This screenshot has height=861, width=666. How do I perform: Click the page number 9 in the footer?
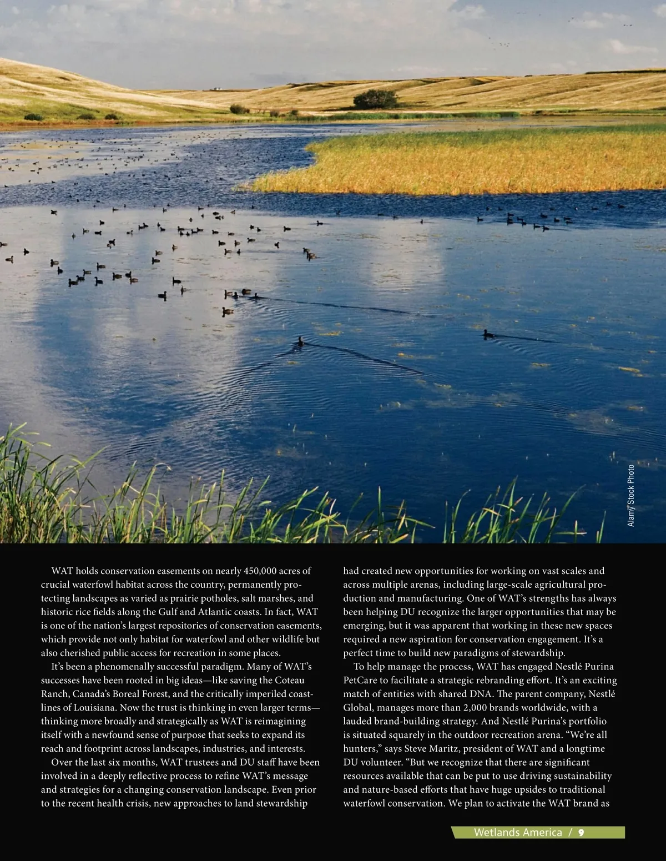(x=581, y=833)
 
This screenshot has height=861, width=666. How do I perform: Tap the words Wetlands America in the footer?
(x=517, y=833)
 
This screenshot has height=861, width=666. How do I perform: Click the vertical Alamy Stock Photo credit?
(x=630, y=496)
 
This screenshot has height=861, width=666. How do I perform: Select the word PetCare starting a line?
(x=360, y=680)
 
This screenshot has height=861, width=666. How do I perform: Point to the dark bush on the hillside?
(x=375, y=99)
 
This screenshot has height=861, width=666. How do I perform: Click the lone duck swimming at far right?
(x=488, y=334)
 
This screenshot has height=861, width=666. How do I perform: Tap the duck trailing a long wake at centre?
(x=300, y=340)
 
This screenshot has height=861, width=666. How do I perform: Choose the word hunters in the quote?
(x=359, y=748)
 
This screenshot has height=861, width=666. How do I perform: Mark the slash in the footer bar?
(x=570, y=833)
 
